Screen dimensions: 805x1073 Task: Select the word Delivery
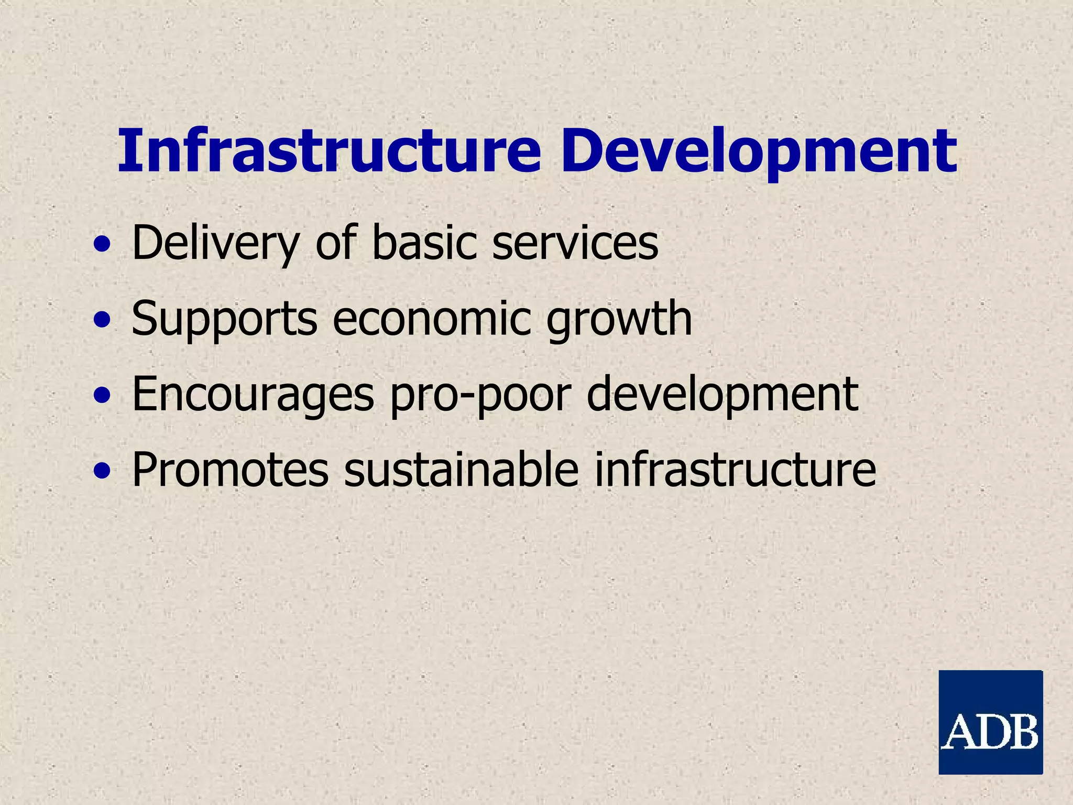pos(215,243)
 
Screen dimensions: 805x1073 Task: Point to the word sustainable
pos(461,470)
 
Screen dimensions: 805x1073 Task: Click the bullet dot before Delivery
pos(102,245)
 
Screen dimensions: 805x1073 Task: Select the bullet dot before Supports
pos(102,320)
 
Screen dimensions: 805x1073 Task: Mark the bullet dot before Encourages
pos(102,396)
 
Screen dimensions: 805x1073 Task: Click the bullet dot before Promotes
pos(102,471)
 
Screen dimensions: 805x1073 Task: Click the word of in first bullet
pos(335,242)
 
